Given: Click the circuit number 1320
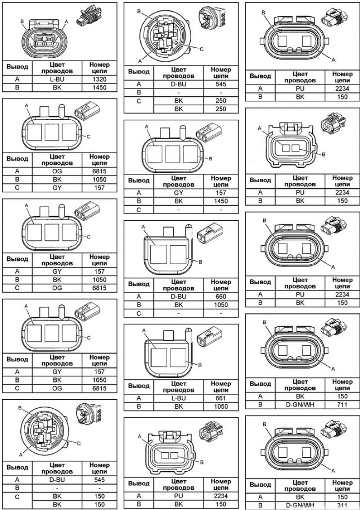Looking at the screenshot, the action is pos(99,79).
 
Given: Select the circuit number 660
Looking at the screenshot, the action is pos(221,297).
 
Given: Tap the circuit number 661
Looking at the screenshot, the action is pos(221,398).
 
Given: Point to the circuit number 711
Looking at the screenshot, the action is pos(342,405).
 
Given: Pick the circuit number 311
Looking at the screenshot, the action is pos(342,505).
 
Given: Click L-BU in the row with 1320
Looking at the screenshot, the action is pos(57,79).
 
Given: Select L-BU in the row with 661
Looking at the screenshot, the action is pos(179,398).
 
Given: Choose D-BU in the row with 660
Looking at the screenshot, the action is pos(179,297).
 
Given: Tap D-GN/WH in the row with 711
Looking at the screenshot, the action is pos(300,405).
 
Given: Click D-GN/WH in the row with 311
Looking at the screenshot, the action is pos(300,505).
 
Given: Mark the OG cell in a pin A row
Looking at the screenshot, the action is pos(57,171).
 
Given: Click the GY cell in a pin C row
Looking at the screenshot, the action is pos(57,188).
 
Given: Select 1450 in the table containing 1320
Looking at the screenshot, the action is pos(99,87).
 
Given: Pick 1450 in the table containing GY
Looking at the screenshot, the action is pos(221,201).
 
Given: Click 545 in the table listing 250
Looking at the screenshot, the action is pos(221,84).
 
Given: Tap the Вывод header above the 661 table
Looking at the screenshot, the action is pos(139,386).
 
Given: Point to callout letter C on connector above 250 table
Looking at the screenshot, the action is pos(201,49).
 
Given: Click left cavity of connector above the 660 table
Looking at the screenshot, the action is pos(158,254).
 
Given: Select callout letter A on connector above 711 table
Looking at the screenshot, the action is pos(333,368).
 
